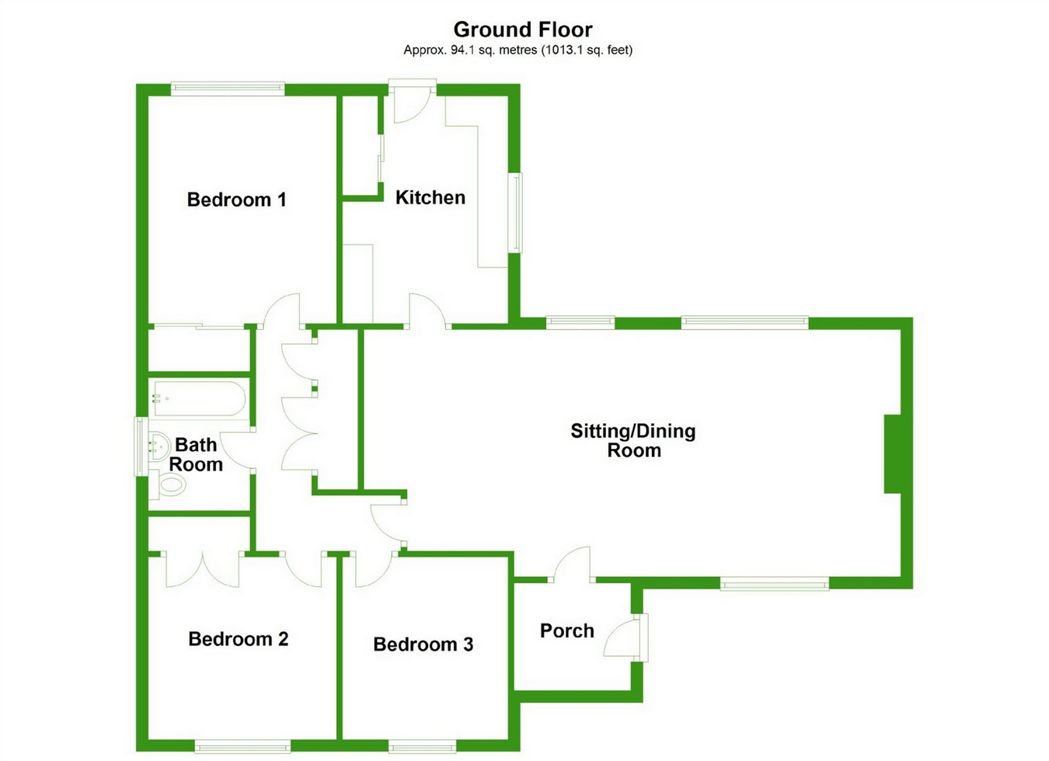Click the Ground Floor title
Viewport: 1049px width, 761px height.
[x=523, y=30]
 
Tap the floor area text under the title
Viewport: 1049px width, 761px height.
[x=518, y=50]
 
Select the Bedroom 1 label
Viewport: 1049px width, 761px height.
[x=236, y=200]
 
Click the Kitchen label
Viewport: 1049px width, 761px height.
[x=430, y=197]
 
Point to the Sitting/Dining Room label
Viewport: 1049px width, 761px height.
[x=633, y=440]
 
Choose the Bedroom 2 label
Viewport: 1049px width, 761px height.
[x=239, y=639]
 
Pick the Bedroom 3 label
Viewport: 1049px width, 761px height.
[x=423, y=645]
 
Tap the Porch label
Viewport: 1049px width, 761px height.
[x=567, y=631]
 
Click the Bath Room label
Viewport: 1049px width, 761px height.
[x=196, y=454]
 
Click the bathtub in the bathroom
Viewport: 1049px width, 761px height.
[x=197, y=399]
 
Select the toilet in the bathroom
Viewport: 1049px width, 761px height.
[x=169, y=485]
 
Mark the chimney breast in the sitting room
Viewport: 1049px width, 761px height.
[x=892, y=453]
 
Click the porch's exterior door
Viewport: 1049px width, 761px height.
[x=626, y=638]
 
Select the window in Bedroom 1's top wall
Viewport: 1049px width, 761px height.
[x=228, y=89]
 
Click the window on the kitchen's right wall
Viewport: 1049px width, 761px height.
[x=516, y=213]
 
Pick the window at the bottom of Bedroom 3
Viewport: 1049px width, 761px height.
[x=423, y=746]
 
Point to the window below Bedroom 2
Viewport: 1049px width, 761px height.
[x=242, y=746]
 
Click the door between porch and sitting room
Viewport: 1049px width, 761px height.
[x=571, y=565]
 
